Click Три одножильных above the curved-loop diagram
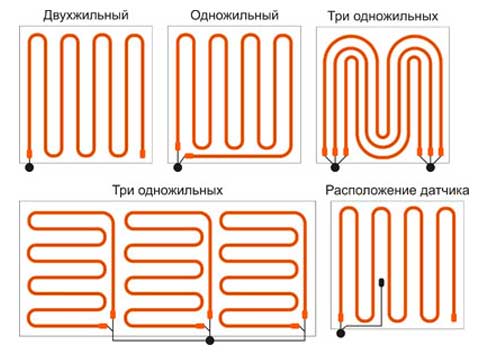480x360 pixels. (383, 16)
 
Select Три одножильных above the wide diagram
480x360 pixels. (167, 189)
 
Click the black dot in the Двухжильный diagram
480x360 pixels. (30, 167)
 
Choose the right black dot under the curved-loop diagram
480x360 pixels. (433, 167)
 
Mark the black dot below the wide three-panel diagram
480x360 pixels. (208, 341)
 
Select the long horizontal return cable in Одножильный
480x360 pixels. (240, 155)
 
